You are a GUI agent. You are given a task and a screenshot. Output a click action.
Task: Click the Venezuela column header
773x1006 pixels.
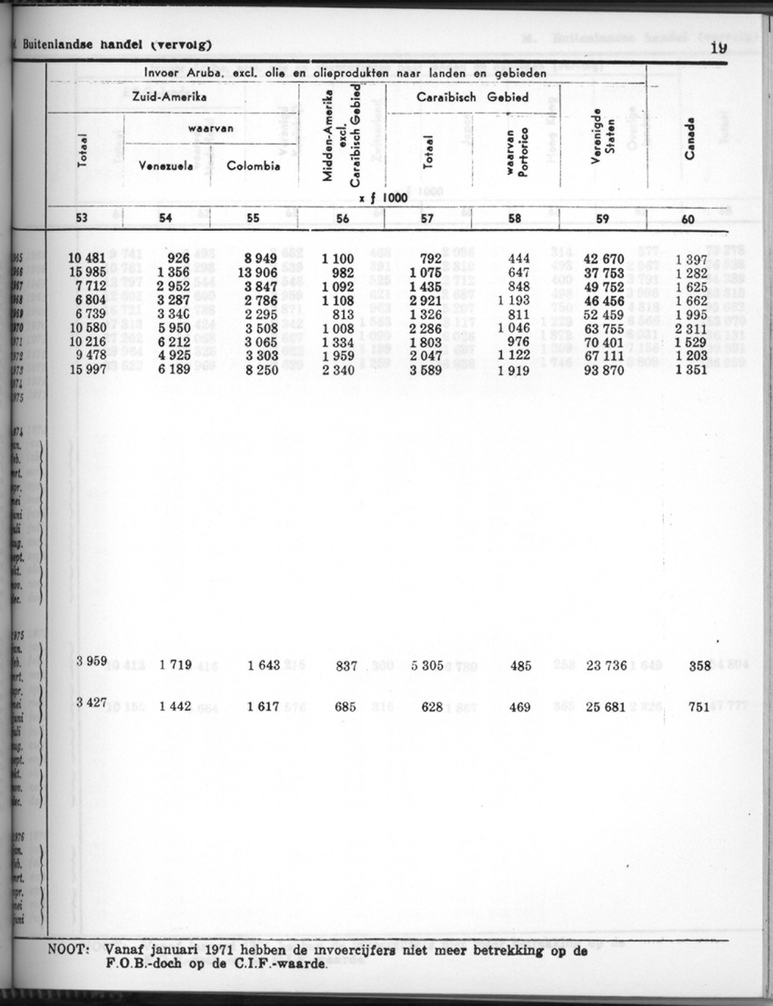[x=166, y=166]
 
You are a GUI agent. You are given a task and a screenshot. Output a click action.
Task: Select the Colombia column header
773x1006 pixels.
[x=253, y=166]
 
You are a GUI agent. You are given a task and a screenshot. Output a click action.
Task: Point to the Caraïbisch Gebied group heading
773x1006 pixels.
[x=473, y=96]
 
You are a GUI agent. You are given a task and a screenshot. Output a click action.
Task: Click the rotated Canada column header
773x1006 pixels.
[x=690, y=138]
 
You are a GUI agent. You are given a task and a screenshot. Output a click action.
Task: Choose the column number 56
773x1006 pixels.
[x=343, y=218]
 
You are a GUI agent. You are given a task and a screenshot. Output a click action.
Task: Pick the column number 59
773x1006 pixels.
[x=602, y=218]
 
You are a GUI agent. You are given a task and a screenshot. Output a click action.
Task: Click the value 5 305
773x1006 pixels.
[x=427, y=665]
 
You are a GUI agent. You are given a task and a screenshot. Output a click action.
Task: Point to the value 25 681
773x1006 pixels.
[x=604, y=705]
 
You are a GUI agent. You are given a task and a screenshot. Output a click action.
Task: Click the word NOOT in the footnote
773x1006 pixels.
[x=66, y=950]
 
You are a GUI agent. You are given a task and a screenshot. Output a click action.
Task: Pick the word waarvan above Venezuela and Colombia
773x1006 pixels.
[x=212, y=129]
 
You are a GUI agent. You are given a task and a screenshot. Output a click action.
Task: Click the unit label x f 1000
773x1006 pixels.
[x=382, y=197]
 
